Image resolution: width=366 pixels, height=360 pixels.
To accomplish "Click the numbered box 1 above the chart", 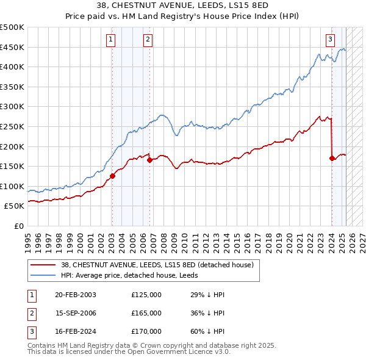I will (x=111, y=40).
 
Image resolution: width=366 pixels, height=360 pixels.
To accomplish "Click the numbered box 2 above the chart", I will (x=148, y=40).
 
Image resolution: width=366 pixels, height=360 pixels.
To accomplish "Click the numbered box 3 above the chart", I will (x=330, y=40).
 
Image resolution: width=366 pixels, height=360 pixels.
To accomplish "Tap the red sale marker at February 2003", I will (x=112, y=176).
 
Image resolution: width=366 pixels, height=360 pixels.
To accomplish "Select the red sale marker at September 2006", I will (x=149, y=160).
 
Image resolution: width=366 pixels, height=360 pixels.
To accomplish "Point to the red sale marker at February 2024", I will (x=332, y=158).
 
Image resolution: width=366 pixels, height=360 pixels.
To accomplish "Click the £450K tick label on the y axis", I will (x=12, y=47).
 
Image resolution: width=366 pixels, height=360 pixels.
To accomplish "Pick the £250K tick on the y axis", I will (x=12, y=126).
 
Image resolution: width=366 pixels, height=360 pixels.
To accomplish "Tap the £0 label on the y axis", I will (x=18, y=226).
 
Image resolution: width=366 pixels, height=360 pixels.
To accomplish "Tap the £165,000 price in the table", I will (x=146, y=314).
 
